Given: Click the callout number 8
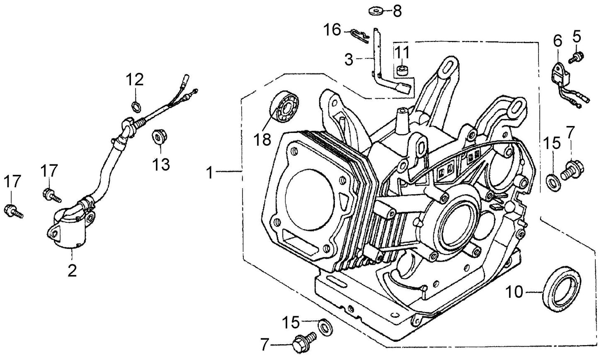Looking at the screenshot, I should (x=397, y=11).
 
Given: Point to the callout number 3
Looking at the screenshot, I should (x=349, y=60).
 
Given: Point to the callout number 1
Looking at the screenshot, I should (x=210, y=172).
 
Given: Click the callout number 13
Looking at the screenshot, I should (x=160, y=164).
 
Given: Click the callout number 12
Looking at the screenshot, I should (x=135, y=80).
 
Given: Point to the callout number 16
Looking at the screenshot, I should (x=332, y=30).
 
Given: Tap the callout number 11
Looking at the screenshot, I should (x=401, y=53).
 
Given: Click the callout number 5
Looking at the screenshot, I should (x=576, y=37).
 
